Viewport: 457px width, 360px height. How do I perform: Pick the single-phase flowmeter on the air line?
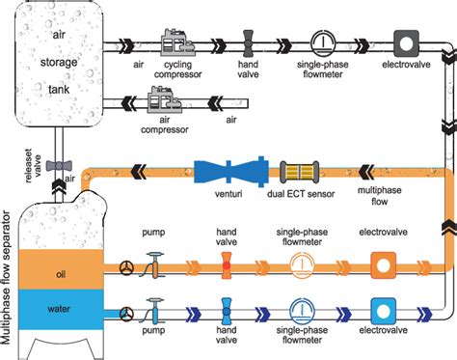tap(325, 43)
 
